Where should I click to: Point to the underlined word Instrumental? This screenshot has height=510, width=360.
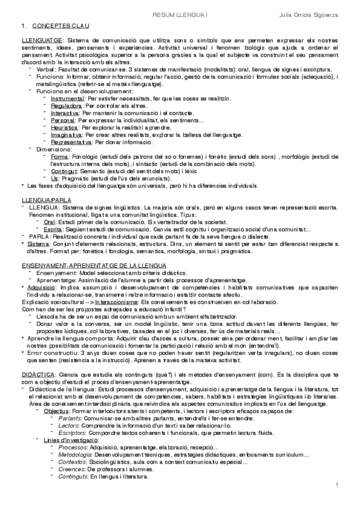click(68, 97)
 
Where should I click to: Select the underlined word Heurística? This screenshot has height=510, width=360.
click(65, 128)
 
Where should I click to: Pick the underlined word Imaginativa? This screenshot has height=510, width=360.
click(67, 135)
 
